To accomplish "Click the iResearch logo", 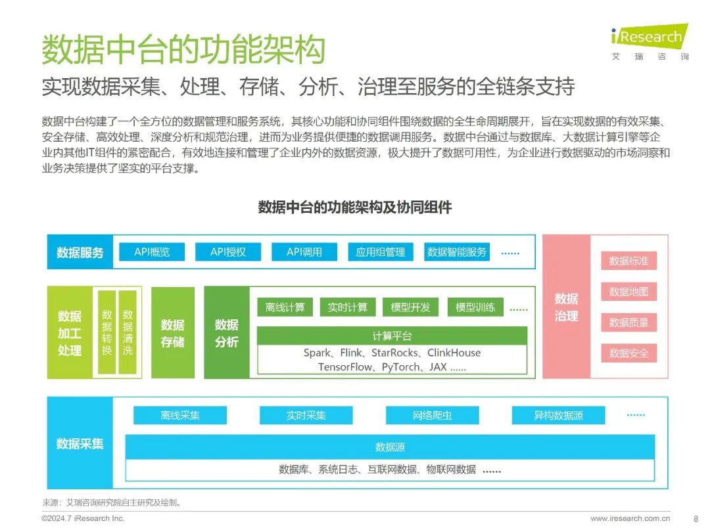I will [x=647, y=41].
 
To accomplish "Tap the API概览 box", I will [x=152, y=252].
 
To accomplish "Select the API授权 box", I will [x=228, y=252].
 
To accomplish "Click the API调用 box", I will [x=304, y=252].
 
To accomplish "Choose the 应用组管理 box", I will [x=381, y=252].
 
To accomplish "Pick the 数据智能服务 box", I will [x=457, y=252].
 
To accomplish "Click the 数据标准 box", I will [x=628, y=261].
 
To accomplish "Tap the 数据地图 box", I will [x=628, y=292].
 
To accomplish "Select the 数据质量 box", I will [x=628, y=322].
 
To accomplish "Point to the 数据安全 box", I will [x=628, y=353].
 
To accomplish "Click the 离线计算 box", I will [x=285, y=307].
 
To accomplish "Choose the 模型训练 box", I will [x=475, y=307].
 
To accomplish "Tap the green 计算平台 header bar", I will [x=392, y=336].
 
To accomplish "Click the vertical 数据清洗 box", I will [x=128, y=332].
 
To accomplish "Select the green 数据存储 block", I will [x=173, y=333].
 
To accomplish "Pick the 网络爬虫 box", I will [x=432, y=416].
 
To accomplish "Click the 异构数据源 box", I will [x=558, y=416].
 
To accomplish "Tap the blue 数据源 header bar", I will [x=390, y=447].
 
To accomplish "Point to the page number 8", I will [x=696, y=519].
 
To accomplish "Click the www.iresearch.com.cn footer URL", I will [x=630, y=519].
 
